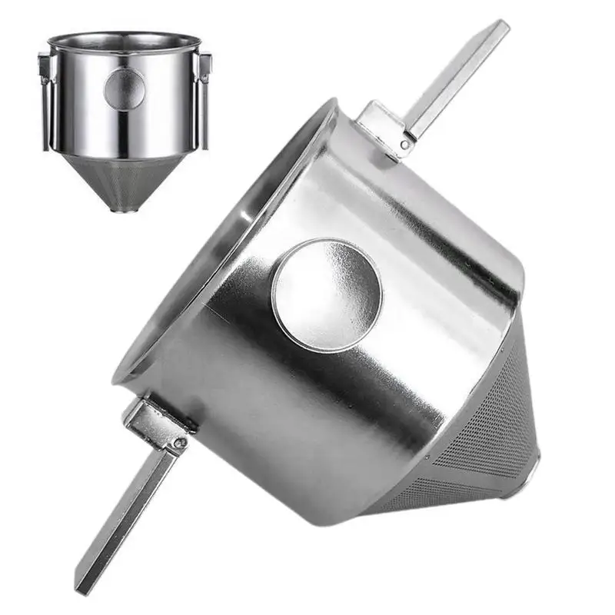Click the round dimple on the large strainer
(x=327, y=294)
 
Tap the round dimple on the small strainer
(x=125, y=88)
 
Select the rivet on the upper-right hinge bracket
(x=404, y=143)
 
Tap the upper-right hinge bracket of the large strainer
(x=384, y=127)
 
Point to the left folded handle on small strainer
(x=45, y=100)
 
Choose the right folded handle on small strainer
(x=204, y=100)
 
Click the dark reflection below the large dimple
(x=307, y=400)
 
